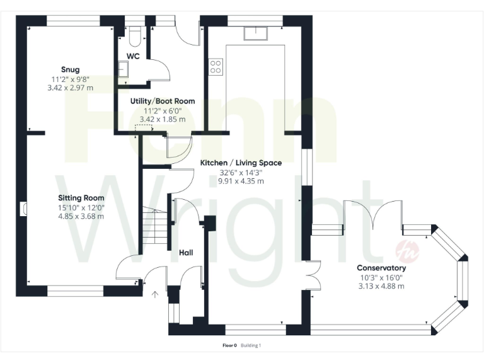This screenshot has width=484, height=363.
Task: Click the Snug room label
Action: point(70,69)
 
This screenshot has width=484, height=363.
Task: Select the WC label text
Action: point(132,56)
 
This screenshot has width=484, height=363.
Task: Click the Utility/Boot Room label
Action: point(162,101)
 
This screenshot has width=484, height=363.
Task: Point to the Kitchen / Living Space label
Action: point(241,163)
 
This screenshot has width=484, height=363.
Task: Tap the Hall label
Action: point(186,253)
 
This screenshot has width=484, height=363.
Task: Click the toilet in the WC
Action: point(132,38)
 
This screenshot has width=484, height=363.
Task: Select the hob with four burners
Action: point(216,66)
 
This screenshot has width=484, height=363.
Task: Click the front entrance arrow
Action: point(155,294)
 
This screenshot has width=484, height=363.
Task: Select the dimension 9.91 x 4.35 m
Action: point(241,181)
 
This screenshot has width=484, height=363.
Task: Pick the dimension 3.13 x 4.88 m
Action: point(381,286)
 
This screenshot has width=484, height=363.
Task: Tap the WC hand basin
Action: point(122,70)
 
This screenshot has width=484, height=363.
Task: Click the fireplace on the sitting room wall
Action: point(26,209)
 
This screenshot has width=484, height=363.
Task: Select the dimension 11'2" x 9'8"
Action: point(71,79)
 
